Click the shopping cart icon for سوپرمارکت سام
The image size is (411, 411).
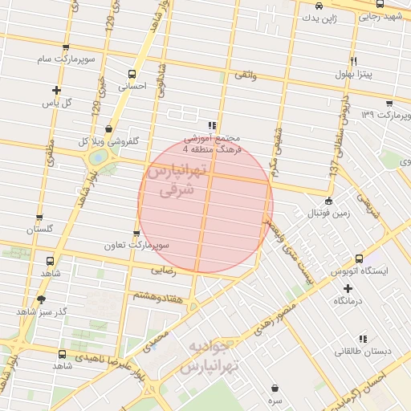click(x=66, y=49)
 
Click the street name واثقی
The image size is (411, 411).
click(x=243, y=74)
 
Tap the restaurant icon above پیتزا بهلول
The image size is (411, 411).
click(x=353, y=62)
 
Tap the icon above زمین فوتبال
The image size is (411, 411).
click(x=328, y=201)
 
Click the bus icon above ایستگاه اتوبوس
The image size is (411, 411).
click(x=359, y=259)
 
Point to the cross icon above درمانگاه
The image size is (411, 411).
click(x=348, y=287)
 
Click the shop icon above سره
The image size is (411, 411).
click(x=275, y=386)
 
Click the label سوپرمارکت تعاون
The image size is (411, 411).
click(x=140, y=244)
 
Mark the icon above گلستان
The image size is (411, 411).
click(x=39, y=218)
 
